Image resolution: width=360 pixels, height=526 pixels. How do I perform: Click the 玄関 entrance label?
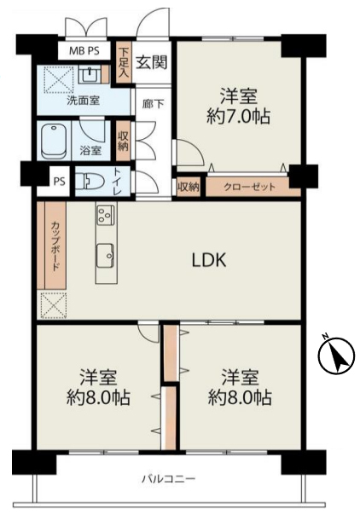(x=152, y=61)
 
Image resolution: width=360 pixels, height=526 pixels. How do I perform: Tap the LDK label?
(x=209, y=260)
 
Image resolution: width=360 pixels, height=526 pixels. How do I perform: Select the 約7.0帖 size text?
(x=239, y=117)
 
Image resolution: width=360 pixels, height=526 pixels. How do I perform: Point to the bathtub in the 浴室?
(x=54, y=142)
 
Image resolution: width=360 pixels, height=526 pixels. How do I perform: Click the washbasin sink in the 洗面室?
(x=90, y=74)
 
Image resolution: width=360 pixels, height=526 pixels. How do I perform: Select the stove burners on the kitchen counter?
(x=106, y=215)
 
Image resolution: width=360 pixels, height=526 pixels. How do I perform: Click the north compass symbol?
(x=336, y=355)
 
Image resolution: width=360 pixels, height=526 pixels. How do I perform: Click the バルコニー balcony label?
(x=168, y=478)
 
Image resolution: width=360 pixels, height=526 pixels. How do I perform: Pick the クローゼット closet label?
(x=249, y=187)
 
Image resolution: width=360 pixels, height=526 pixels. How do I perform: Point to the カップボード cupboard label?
(x=55, y=246)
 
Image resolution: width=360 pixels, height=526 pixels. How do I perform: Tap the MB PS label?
(x=84, y=51)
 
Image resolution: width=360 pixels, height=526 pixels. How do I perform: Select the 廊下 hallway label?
(x=154, y=104)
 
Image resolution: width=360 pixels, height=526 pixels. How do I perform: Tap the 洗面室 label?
(x=84, y=101)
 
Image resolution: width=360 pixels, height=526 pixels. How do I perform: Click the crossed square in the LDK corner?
(x=54, y=305)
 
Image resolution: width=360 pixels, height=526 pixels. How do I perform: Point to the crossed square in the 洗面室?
(x=59, y=79)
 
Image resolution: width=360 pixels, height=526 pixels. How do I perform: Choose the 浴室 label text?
(x=90, y=150)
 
